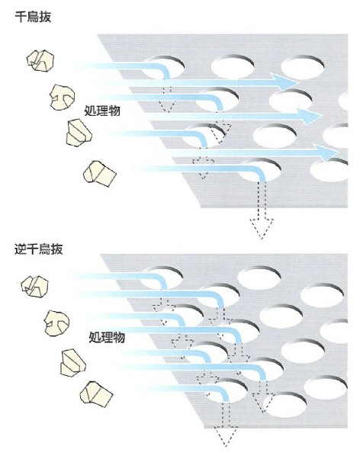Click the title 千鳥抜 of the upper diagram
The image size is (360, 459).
pos(33,17)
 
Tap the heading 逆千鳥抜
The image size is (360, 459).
pos(39,249)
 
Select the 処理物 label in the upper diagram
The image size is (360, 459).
pos(102,111)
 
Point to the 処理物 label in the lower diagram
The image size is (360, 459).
pos(107,337)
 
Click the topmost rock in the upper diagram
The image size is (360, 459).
pos(40,60)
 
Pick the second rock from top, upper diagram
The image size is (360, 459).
pos(62,98)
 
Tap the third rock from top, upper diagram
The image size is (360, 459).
pos(79,133)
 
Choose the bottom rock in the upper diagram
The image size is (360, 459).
pos(100,174)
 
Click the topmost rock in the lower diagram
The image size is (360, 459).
pos(35,287)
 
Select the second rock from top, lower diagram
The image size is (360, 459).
pos(57,323)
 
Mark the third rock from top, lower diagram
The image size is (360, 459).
pos(73,363)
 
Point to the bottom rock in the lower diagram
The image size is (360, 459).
pos(96,394)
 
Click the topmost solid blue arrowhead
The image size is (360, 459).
pos(285,82)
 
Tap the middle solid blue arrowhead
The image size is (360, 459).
pos(309,116)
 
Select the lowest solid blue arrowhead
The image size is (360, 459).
pos(325,152)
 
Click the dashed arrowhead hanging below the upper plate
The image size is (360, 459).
pos(262,228)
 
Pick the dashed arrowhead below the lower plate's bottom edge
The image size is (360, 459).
pos(225,436)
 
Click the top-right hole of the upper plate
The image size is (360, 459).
pos(303,67)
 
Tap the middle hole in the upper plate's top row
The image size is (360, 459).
pos(233,67)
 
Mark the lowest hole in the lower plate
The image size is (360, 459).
pos(284,405)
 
